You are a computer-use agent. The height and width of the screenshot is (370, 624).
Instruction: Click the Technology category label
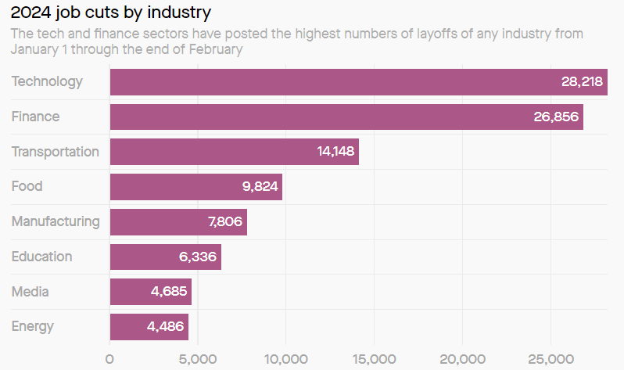point(47,81)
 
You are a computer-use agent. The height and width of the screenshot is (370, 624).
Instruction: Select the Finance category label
point(35,117)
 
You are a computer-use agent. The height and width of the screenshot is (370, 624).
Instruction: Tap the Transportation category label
point(56,152)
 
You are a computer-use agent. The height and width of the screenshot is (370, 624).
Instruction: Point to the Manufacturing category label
point(56,221)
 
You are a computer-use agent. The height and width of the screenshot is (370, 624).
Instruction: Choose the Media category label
point(30,292)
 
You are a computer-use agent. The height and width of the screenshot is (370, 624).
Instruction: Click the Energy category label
point(33,326)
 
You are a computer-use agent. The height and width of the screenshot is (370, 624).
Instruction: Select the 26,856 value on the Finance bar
point(554,117)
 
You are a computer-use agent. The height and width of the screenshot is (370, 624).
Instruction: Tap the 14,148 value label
point(335,152)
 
